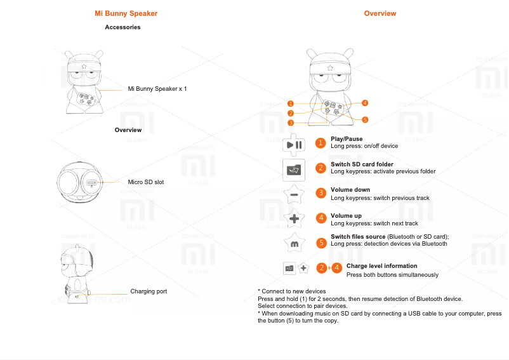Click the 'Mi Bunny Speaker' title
point(126,13)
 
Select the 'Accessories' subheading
point(122,27)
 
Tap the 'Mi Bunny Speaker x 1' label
point(157,89)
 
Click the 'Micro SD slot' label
point(146,182)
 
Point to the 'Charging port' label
point(149,291)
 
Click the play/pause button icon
point(294,144)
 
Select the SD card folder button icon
point(294,170)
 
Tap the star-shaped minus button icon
point(294,194)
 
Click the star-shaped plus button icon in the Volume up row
point(294,219)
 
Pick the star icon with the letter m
point(294,243)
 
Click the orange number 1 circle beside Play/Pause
point(321,143)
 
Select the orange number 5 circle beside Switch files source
point(321,243)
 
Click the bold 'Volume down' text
point(350,190)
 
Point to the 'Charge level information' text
point(381,266)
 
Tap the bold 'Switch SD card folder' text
point(362,164)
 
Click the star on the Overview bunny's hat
point(330,67)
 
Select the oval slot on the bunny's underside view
point(93,183)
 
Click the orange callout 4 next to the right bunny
point(366,103)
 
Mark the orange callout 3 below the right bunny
point(290,123)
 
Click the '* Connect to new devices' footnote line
point(292,291)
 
